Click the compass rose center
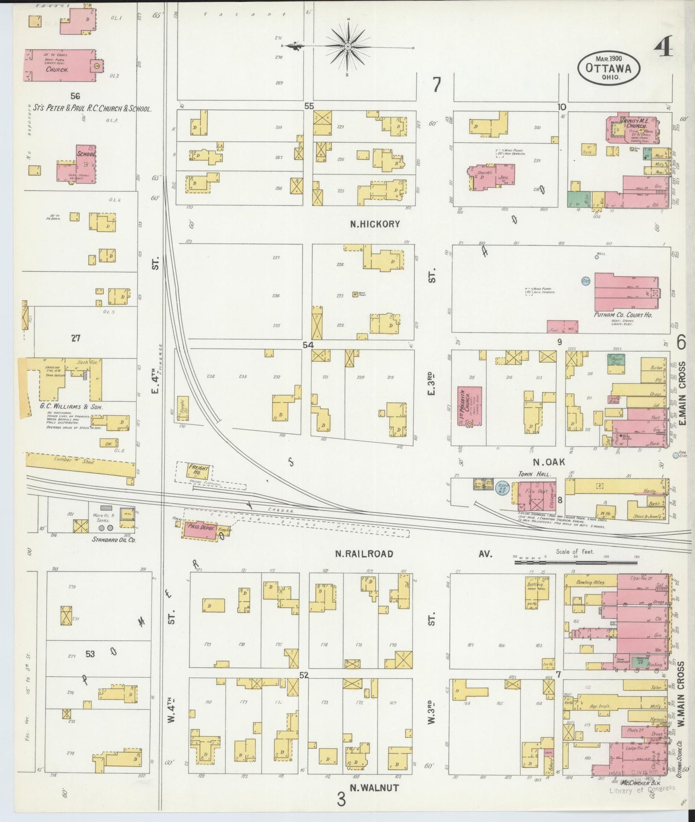pos(347,47)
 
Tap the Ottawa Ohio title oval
pos(608,68)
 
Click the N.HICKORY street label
pos(375,224)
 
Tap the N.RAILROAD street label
pos(364,554)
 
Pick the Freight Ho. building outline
pos(194,471)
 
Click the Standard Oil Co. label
pos(114,540)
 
